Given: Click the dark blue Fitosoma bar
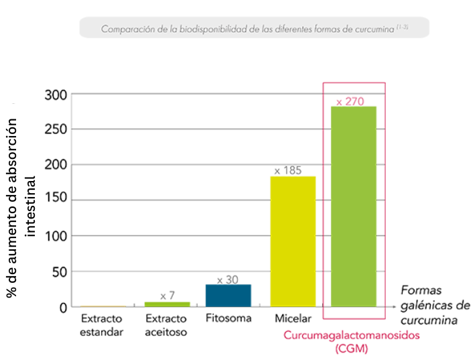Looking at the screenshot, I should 228,296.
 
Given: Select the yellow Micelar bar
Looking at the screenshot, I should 292,241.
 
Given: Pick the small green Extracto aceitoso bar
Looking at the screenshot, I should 167,304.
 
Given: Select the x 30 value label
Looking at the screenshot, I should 228,280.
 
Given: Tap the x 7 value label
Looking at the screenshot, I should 167,296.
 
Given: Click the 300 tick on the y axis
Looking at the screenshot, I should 56,95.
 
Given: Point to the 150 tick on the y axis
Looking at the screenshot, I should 56,200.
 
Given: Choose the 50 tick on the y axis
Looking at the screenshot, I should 60,272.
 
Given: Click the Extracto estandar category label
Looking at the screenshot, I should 102,325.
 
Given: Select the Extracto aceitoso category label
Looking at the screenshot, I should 166,325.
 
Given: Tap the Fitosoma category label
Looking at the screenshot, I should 228,318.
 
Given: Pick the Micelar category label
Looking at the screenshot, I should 292,318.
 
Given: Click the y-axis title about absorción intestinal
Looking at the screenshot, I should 20,201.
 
